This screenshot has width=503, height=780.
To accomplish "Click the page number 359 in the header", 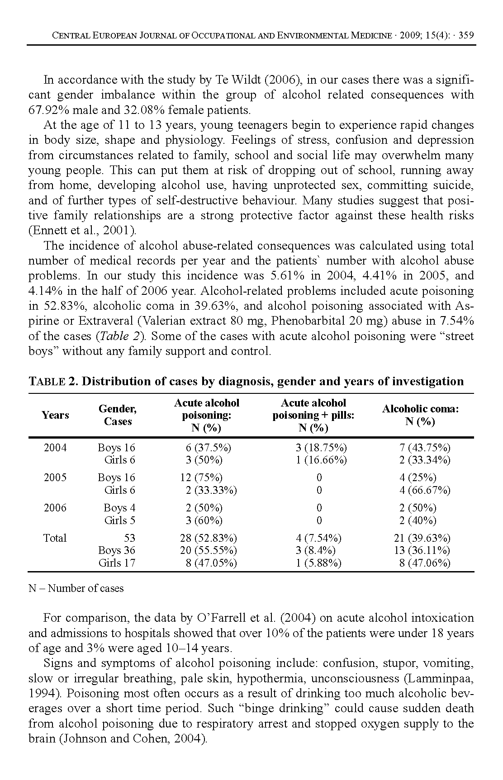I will [466, 35].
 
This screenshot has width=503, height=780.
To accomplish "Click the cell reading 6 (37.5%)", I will [208, 448].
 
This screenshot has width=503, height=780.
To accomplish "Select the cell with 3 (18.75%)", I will [321, 448].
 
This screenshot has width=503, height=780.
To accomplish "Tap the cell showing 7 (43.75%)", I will [425, 448].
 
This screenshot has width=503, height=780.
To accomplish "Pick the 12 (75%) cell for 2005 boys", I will [201, 477].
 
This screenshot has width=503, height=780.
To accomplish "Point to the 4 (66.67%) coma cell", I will [425, 490].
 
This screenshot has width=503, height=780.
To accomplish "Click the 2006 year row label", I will [55, 508].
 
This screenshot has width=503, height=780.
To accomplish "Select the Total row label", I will [55, 538].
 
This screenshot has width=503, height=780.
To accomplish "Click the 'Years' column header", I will [55, 415].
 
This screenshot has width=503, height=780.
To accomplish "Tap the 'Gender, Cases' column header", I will [118, 415].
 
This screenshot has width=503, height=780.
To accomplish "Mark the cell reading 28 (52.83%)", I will [208, 538].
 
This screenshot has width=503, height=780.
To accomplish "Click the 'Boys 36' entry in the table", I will [117, 550].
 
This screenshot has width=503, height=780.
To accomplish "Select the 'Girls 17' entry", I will [117, 563].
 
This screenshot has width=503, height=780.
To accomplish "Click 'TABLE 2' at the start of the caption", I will [52, 382].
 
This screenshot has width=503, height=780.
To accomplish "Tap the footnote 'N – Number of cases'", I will [76, 588].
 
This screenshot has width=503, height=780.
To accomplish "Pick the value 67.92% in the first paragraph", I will [48, 110].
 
